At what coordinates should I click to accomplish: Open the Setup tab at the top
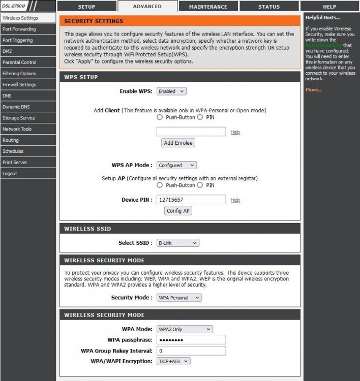coord(86,7)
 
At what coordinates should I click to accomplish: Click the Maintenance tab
coord(208,7)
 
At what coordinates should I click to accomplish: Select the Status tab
coord(268,7)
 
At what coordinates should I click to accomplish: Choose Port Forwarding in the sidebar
coord(19,29)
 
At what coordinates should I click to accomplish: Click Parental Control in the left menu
coord(19,62)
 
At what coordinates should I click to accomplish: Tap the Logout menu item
coord(10,173)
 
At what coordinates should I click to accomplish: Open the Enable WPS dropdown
coord(171,91)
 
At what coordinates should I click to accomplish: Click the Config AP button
coord(178,211)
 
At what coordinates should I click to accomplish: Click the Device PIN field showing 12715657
coord(191,200)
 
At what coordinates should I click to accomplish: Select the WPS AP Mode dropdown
coord(176,165)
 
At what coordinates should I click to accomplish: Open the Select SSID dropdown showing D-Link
coord(178,243)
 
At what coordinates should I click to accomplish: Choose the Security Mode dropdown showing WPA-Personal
coord(179,297)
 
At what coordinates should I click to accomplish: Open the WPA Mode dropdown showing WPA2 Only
coord(185,329)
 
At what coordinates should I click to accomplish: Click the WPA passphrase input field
coord(191,340)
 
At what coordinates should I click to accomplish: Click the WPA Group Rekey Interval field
coord(191,351)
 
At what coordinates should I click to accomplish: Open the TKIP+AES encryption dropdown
coord(173,361)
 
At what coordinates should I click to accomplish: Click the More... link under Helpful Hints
coord(313,90)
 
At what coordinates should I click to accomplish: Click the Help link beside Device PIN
coord(235,200)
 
